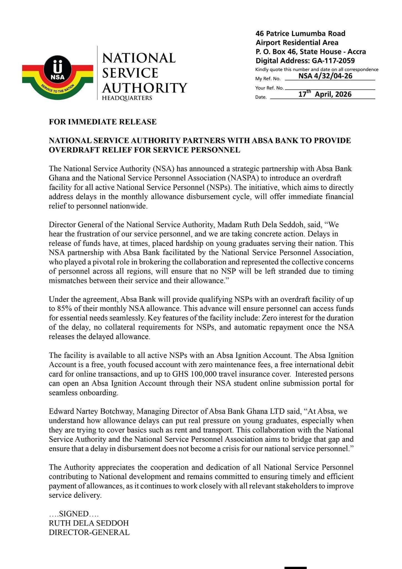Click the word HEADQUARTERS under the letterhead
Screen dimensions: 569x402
[x=127, y=98]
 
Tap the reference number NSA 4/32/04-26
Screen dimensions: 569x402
[x=325, y=76]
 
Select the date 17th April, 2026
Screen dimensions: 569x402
[x=325, y=94]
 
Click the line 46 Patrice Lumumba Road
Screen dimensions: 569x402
[x=300, y=34]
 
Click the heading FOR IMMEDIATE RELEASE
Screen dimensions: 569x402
[x=103, y=122]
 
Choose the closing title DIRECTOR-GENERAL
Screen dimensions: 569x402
[x=89, y=532]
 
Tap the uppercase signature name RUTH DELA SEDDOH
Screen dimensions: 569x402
[x=89, y=523]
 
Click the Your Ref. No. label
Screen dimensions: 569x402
[x=269, y=88]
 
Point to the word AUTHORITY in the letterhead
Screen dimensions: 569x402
[x=144, y=88]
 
